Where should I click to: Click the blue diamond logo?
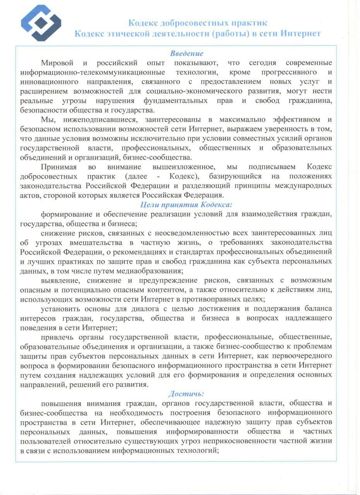tap(41, 23)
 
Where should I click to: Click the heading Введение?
tap(187, 53)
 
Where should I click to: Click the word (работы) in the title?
tap(230, 34)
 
